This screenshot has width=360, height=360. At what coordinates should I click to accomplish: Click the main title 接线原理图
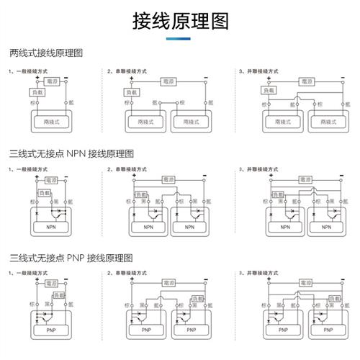[180, 22]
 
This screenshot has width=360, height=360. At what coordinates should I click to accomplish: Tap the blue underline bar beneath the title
[180, 39]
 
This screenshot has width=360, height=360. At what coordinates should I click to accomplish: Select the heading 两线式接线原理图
[47, 53]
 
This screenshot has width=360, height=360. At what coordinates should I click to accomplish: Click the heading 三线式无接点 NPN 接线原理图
[71, 153]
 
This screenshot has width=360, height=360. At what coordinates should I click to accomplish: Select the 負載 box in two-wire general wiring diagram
[37, 93]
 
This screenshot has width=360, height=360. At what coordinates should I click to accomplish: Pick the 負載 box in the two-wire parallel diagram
[268, 91]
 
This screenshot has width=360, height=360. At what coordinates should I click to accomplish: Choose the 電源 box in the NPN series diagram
[168, 179]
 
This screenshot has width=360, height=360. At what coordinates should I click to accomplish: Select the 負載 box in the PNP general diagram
[58, 295]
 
